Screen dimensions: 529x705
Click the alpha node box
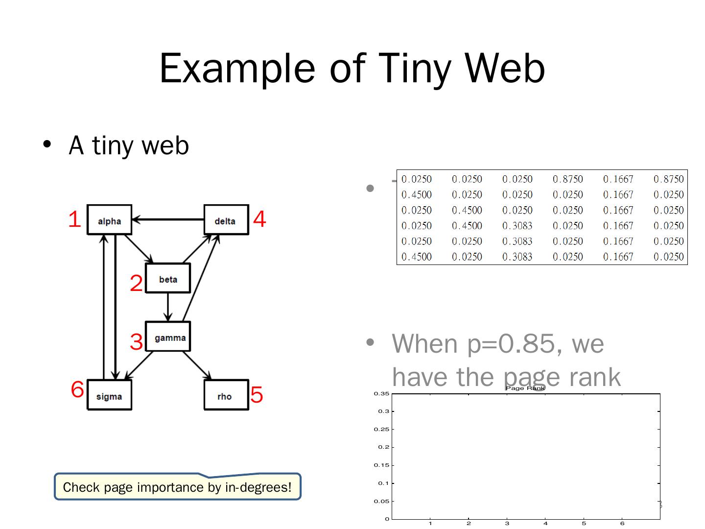click(x=109, y=220)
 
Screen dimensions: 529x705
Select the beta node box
click(x=168, y=278)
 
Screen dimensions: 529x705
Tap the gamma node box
click(x=168, y=337)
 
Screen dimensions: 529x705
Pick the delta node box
click(x=226, y=220)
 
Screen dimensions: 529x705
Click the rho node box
click(x=226, y=395)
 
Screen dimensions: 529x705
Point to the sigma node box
click(x=109, y=395)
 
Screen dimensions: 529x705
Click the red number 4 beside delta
click(x=259, y=219)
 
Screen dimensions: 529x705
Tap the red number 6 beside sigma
click(x=77, y=389)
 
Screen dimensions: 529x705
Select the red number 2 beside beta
click(x=136, y=283)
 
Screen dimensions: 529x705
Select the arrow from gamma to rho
click(x=197, y=365)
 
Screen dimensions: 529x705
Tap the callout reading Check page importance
click(x=177, y=487)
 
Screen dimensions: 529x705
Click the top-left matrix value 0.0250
click(x=417, y=179)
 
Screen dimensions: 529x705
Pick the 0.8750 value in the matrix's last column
click(x=668, y=179)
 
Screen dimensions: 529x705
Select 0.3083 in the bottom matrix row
click(x=517, y=257)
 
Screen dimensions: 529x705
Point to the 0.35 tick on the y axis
click(x=382, y=394)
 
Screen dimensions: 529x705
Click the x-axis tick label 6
click(x=622, y=524)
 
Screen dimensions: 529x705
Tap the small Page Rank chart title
click(x=525, y=388)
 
